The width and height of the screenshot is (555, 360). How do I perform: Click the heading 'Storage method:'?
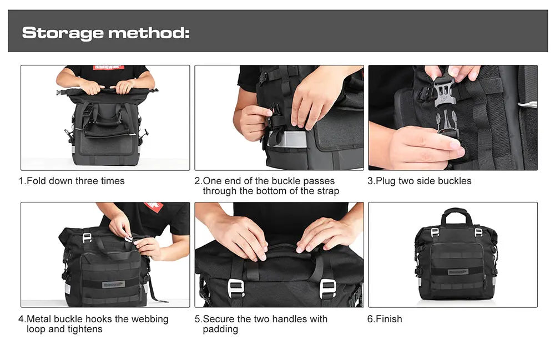coord(105,33)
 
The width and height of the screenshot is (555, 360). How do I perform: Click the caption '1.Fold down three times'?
coord(72,181)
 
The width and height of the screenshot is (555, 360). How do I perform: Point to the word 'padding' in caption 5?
coord(220,329)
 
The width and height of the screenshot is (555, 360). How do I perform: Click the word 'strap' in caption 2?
coord(326,191)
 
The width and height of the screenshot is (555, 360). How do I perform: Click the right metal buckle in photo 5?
coord(328,288)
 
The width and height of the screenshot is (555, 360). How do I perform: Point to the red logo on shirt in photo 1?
coord(109,68)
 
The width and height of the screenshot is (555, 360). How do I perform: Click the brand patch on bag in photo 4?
coord(113,284)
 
